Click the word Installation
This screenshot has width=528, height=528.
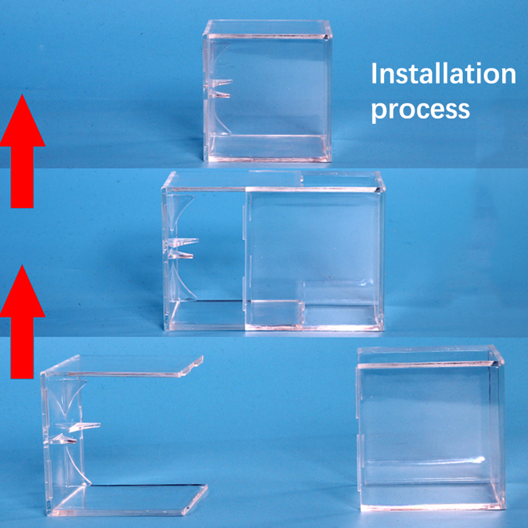pos(444,74)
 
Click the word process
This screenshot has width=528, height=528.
pos(421,110)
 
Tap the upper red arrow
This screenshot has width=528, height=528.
pos(23,151)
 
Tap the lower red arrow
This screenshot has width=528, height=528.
pos(23,321)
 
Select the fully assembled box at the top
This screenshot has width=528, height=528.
pos(268,91)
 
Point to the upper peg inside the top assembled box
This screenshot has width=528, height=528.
pos(220,83)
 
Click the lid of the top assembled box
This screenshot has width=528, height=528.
pos(268,28)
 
